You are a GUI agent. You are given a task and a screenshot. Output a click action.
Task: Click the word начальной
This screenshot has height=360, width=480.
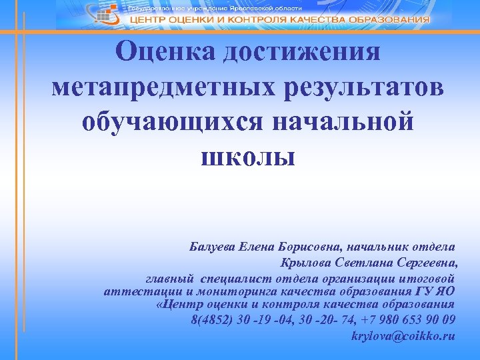coord(339,123)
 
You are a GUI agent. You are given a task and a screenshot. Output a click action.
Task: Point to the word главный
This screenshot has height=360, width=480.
coord(170,277)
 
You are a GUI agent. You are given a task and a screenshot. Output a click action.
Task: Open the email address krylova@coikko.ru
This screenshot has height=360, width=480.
coord(403,335)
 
